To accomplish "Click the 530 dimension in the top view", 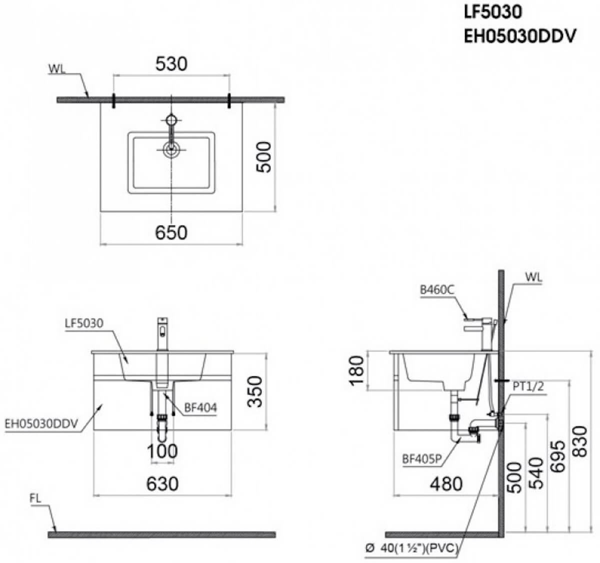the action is click(171, 64).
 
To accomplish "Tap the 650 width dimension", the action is click(171, 233).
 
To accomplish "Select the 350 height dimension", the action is click(254, 391).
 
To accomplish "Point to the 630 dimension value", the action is click(162, 484).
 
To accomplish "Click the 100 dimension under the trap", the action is click(162, 451).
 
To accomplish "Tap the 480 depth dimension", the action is click(446, 484).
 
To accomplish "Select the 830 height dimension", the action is click(580, 441).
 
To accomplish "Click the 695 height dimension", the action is click(557, 456).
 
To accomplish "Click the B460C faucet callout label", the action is click(437, 290).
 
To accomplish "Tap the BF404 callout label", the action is click(200, 408).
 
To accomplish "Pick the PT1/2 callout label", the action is click(528, 386).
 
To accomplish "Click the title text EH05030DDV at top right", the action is click(520, 37).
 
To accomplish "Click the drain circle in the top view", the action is click(171, 150).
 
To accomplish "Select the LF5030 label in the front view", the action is click(84, 323).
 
